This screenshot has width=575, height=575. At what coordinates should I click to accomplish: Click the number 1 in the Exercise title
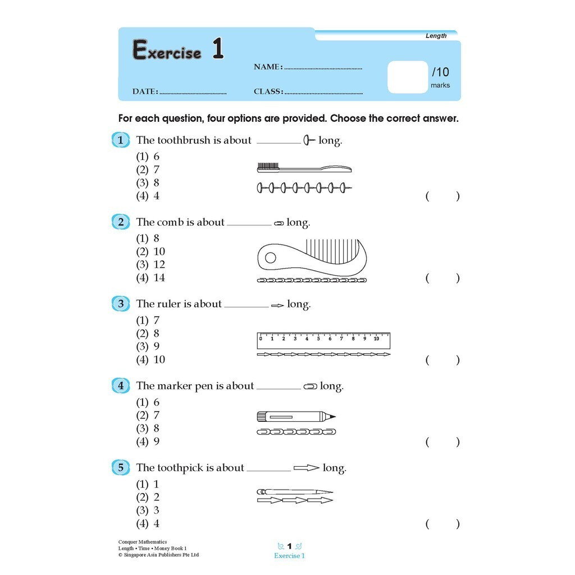click(218, 49)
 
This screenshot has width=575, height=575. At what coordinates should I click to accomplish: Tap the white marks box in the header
click(408, 77)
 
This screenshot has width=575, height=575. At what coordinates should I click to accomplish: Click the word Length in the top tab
click(436, 35)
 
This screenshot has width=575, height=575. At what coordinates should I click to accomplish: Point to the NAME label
click(267, 67)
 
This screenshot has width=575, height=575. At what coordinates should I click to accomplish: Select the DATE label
click(145, 92)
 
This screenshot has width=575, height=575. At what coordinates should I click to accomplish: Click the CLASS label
click(268, 92)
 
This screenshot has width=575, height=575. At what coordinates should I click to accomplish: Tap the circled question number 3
click(121, 304)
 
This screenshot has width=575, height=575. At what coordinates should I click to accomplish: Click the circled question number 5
click(121, 468)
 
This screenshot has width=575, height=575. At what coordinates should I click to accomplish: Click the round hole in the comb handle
click(271, 258)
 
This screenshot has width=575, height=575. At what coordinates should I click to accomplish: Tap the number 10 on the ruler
click(376, 338)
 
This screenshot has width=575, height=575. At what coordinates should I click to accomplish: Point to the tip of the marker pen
click(333, 417)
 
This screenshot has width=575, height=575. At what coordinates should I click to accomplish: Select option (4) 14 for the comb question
click(150, 277)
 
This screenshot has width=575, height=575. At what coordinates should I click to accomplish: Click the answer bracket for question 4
click(442, 442)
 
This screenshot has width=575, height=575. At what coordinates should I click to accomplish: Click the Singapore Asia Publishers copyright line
click(158, 555)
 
